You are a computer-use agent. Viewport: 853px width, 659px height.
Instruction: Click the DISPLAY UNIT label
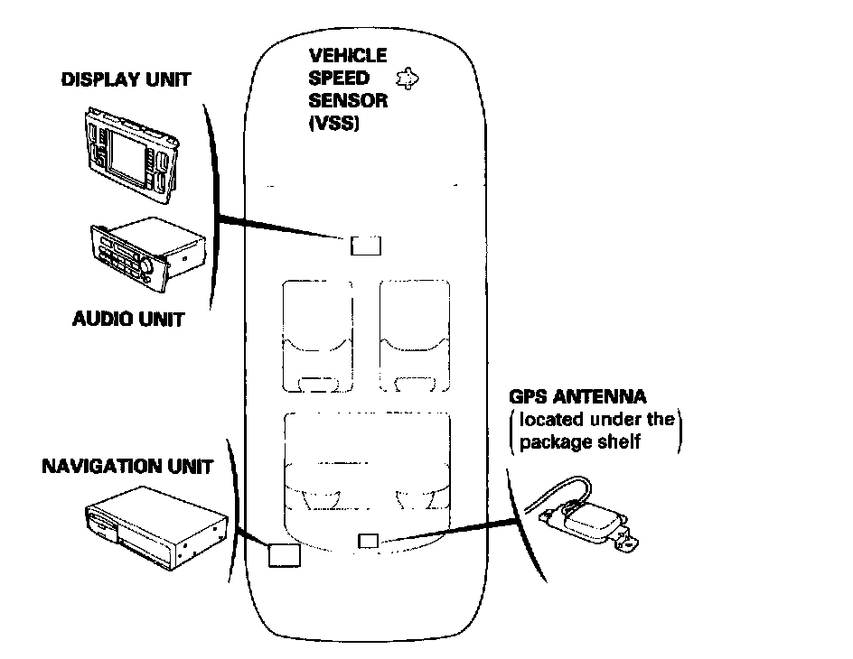click(126, 79)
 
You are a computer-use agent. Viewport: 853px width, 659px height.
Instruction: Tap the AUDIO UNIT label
click(127, 319)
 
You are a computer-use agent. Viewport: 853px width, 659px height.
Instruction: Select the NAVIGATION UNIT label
click(127, 467)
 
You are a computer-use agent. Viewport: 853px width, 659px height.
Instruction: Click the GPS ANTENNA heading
click(577, 397)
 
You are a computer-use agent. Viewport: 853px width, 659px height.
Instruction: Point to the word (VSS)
click(334, 122)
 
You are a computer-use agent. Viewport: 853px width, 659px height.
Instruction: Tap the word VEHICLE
click(347, 57)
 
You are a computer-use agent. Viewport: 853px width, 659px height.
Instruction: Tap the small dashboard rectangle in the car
click(365, 246)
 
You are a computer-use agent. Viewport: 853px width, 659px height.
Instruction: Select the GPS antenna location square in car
click(368, 541)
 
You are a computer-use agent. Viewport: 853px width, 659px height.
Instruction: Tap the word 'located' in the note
click(549, 420)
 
